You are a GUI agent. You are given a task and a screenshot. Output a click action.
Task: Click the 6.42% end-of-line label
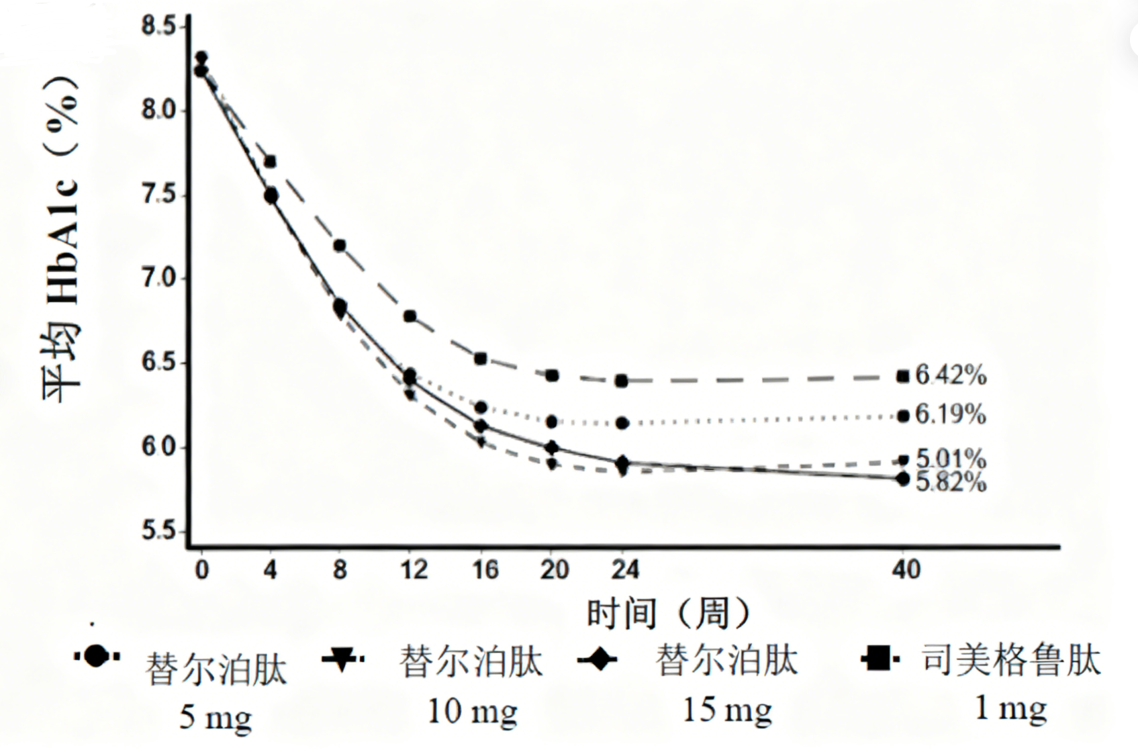pyautogui.click(x=951, y=375)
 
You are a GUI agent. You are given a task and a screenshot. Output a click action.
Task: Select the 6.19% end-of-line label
pyautogui.click(x=951, y=415)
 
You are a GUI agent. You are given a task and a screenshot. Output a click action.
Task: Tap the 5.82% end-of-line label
pyautogui.click(x=951, y=482)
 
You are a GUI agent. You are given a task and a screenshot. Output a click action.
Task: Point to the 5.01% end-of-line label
pyautogui.click(x=951, y=459)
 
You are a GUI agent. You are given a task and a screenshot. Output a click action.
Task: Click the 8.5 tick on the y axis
pyautogui.click(x=158, y=27)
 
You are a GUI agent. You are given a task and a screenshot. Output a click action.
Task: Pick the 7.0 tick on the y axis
pyautogui.click(x=158, y=278)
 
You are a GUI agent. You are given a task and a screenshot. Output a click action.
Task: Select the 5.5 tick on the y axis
pyautogui.click(x=158, y=531)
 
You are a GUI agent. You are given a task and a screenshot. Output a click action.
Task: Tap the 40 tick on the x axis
pyautogui.click(x=906, y=570)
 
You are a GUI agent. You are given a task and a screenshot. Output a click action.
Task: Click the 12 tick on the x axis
pyautogui.click(x=414, y=570)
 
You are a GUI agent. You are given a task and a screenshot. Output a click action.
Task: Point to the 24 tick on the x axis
pyautogui.click(x=624, y=570)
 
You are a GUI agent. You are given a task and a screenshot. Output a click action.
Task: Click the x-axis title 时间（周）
pyautogui.click(x=668, y=612)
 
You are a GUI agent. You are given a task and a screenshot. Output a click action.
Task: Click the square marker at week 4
pyautogui.click(x=270, y=162)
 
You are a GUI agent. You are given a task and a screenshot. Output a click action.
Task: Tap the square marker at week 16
pyautogui.click(x=481, y=359)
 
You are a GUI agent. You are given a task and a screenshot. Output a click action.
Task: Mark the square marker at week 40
pyautogui.click(x=903, y=377)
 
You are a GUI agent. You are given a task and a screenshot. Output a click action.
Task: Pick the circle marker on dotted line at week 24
pyautogui.click(x=622, y=423)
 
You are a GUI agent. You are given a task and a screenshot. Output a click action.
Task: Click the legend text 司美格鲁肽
pyautogui.click(x=1011, y=661)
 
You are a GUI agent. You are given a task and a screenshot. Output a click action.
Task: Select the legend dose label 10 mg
pyautogui.click(x=472, y=712)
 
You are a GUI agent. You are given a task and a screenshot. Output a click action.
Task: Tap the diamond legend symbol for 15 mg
pyautogui.click(x=597, y=659)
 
